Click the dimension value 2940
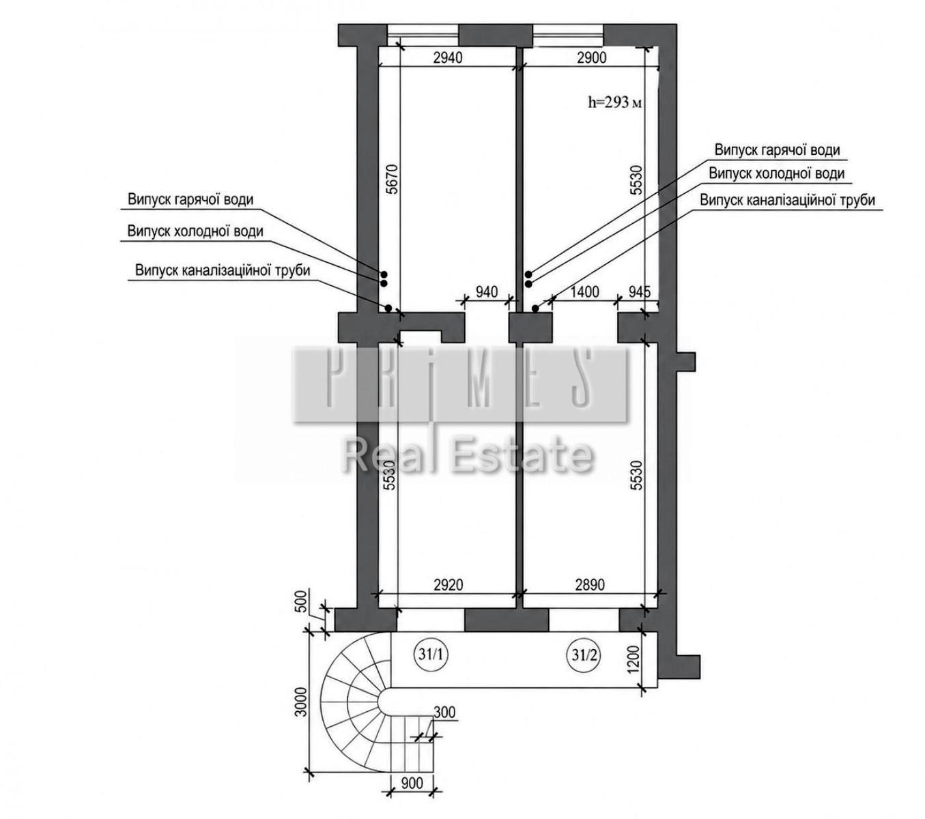point(447,58)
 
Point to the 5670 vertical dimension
point(392,179)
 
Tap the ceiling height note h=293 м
point(614,102)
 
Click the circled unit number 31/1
point(431,655)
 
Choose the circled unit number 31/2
point(584,655)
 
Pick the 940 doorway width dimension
point(486,291)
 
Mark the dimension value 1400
point(584,291)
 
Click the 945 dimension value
point(639,291)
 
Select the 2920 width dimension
point(447,585)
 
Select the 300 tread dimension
point(444,713)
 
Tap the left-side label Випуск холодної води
point(195,231)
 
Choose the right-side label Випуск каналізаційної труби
point(787,201)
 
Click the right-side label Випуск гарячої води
point(777,150)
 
